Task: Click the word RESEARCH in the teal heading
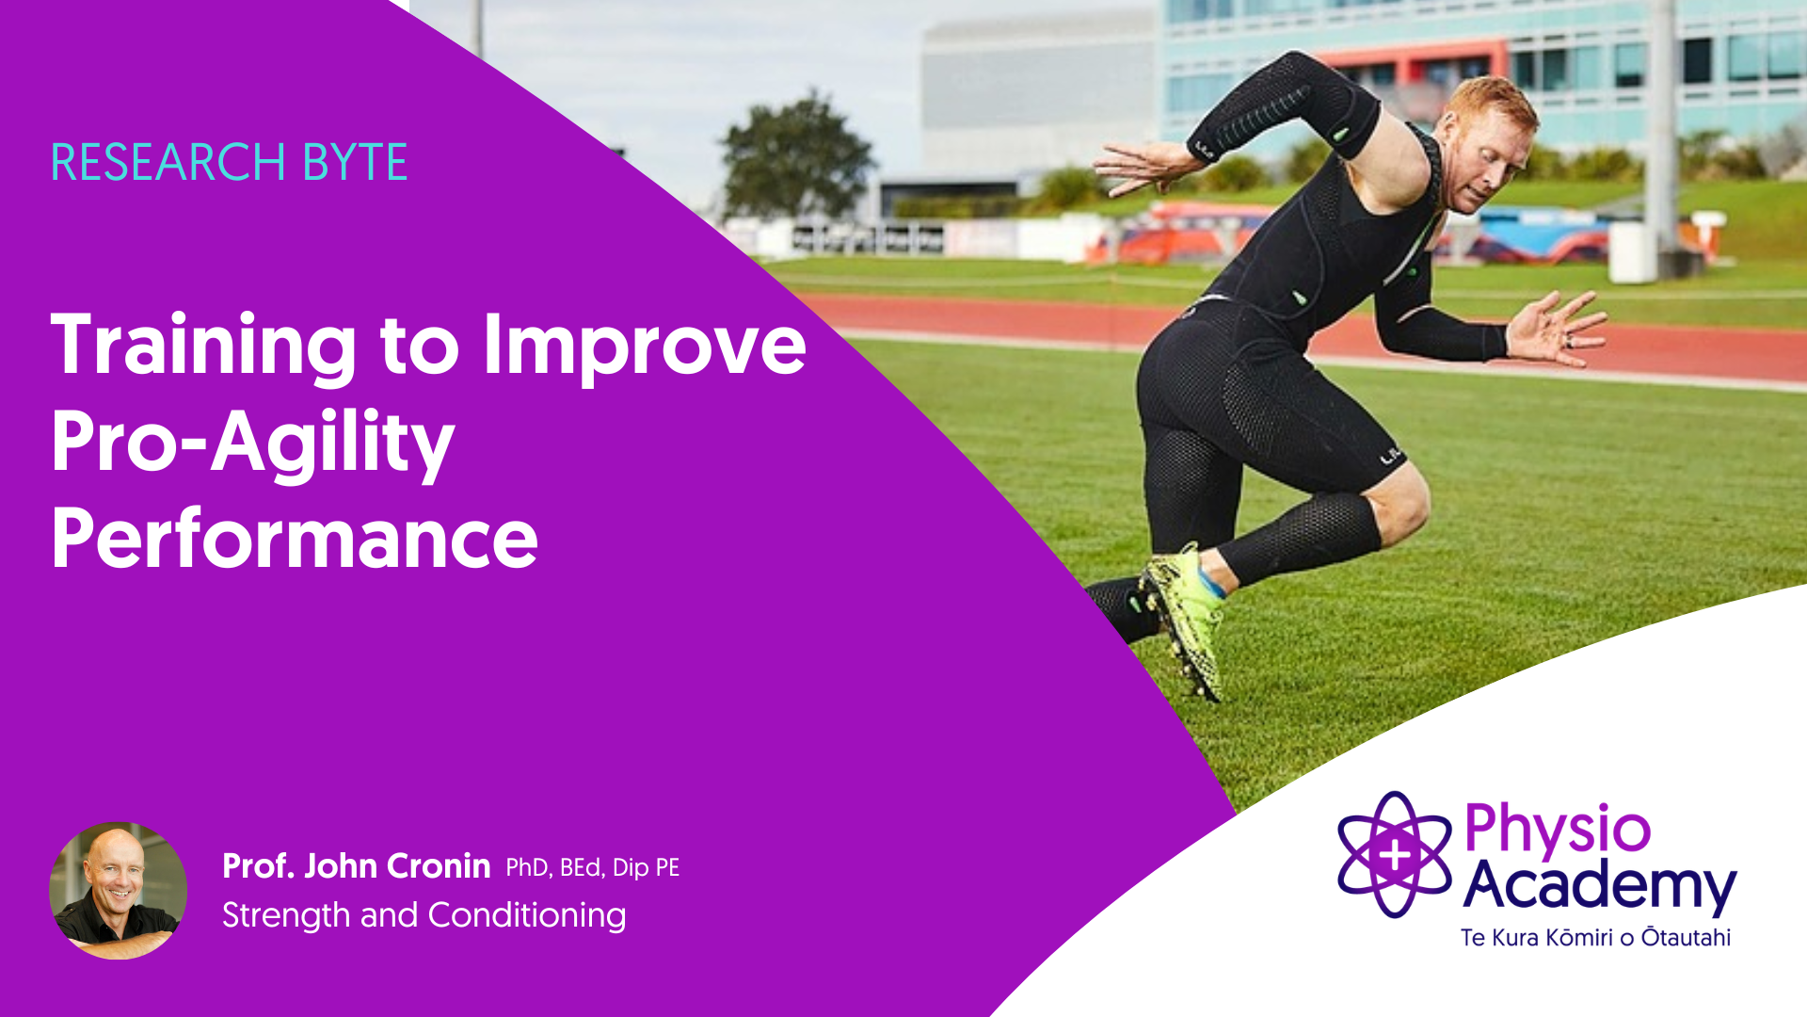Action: coord(168,162)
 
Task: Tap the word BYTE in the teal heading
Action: coord(355,162)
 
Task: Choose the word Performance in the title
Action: coord(295,538)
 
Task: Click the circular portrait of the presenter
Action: coord(118,891)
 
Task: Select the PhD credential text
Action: coord(527,867)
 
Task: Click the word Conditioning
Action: coord(527,916)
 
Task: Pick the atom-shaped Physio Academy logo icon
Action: coord(1395,854)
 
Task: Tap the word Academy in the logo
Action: coord(1600,887)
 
